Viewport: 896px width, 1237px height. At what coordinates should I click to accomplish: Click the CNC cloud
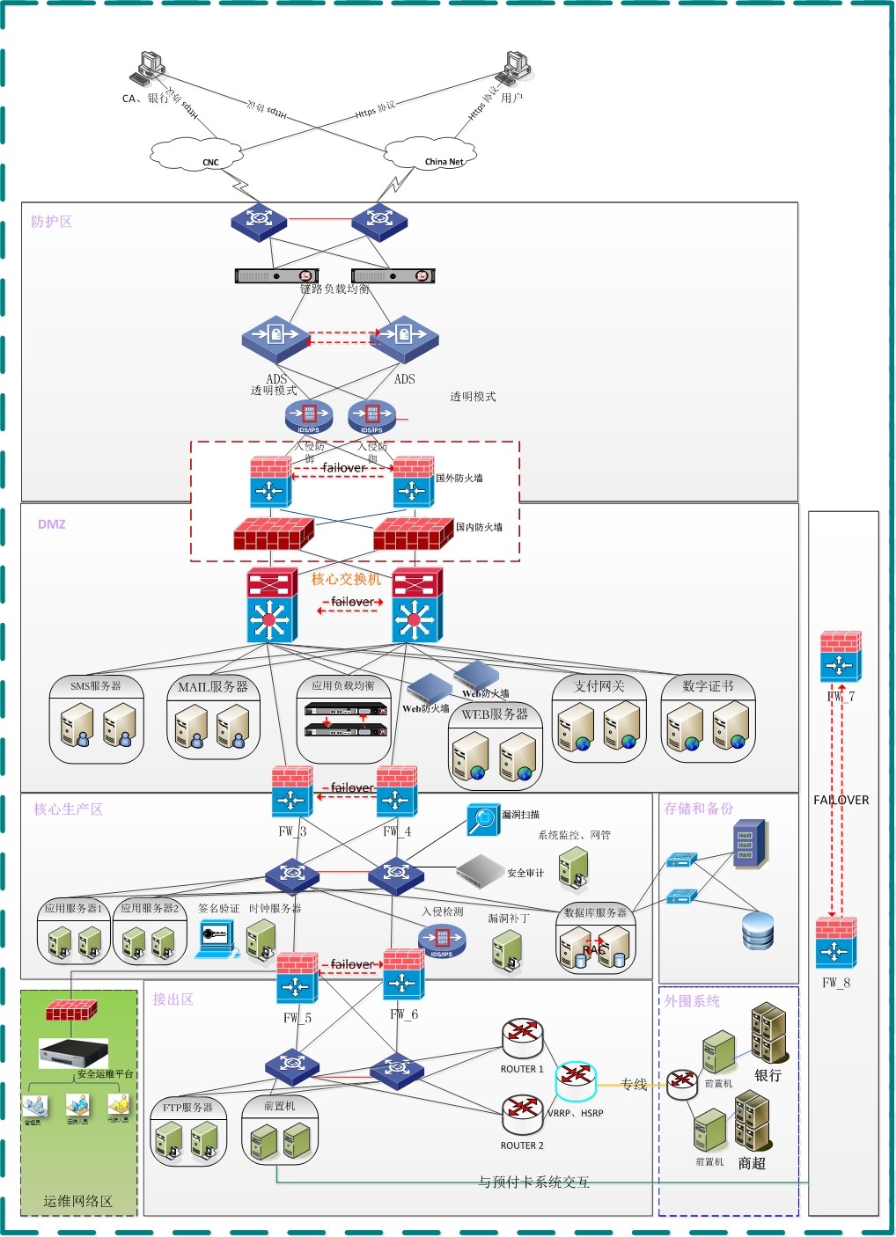[x=195, y=154]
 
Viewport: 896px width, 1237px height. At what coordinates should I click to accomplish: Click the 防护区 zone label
[x=52, y=222]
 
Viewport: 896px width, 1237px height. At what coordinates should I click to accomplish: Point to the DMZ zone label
[x=52, y=524]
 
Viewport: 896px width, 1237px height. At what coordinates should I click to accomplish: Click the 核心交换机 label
[x=346, y=579]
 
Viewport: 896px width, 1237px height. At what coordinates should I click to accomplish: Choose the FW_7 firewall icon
[x=841, y=656]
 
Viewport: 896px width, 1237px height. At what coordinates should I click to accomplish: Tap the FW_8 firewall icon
[x=836, y=942]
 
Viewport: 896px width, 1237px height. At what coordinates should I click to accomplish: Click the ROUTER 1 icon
[x=522, y=1039]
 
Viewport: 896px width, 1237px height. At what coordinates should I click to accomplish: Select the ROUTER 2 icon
[x=522, y=1115]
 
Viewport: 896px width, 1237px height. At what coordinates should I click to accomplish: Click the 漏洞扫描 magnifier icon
[x=483, y=819]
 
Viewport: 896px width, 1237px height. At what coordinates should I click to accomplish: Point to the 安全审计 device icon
[x=480, y=870]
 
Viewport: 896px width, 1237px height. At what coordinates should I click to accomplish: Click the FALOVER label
[x=841, y=800]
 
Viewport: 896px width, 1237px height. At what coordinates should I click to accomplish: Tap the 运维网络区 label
[x=78, y=1201]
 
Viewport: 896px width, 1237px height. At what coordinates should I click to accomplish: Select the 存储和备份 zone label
[x=699, y=809]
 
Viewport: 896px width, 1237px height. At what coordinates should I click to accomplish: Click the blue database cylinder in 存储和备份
[x=758, y=931]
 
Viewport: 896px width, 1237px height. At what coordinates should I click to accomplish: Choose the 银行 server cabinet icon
[x=769, y=1032]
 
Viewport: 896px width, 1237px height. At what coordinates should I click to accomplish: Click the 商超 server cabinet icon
[x=753, y=1120]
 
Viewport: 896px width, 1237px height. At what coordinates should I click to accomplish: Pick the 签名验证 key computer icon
[x=216, y=938]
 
